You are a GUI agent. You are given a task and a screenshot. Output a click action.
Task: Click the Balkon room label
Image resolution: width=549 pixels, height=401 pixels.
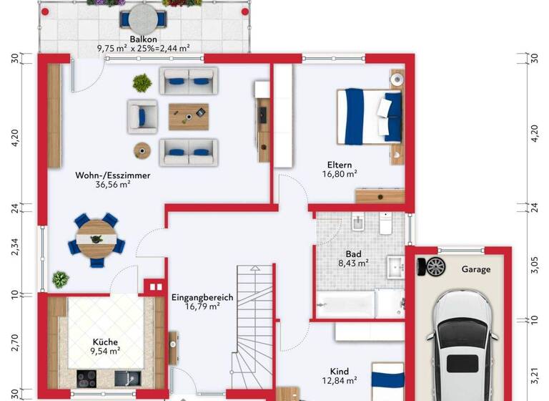(143, 39)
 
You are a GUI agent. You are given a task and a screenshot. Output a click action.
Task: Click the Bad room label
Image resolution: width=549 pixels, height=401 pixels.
(353, 253)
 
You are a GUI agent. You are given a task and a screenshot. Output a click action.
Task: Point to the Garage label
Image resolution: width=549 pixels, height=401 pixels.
(476, 269)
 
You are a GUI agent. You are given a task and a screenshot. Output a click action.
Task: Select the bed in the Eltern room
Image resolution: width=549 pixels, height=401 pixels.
(369, 114)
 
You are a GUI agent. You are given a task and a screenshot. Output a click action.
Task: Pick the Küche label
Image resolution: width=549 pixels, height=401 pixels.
(105, 342)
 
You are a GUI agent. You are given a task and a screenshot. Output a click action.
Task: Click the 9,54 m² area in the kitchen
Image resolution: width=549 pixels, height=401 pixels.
(105, 352)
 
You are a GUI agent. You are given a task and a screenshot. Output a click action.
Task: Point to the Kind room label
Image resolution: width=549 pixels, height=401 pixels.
(340, 371)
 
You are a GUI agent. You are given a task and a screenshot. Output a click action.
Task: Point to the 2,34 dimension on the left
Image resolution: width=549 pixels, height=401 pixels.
(14, 248)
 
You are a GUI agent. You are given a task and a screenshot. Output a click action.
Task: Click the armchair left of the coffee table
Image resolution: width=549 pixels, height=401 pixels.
(142, 116)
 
